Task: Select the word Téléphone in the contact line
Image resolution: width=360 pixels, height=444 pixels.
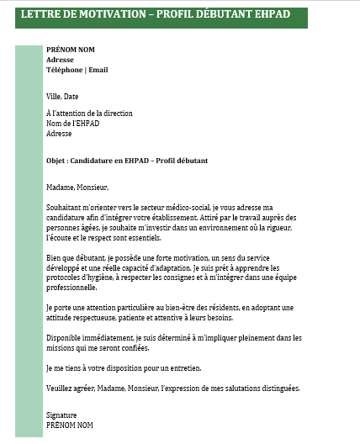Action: coord(64,70)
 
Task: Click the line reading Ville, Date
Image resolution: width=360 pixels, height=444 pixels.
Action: coord(62,97)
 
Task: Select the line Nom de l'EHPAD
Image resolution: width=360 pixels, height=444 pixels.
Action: coord(72,123)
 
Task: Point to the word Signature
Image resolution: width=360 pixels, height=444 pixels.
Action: coord(61,415)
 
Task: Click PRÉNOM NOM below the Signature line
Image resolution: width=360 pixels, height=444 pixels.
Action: coord(69,425)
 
